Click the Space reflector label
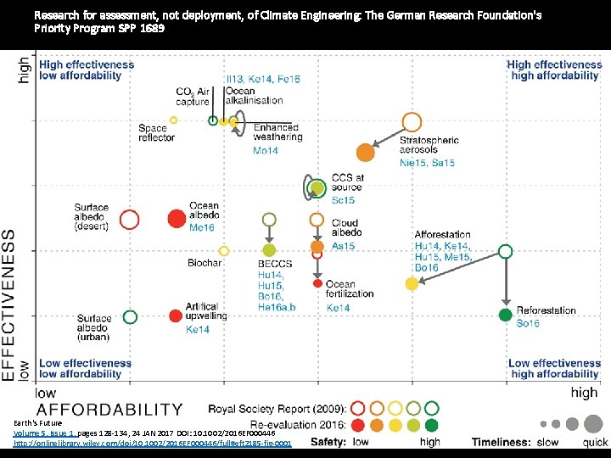coord(159,133)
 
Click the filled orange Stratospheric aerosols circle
coord(366,153)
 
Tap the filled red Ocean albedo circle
coord(176,220)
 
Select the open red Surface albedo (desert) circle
coord(130,220)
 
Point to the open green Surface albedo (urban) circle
coord(130,317)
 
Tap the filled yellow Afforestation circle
coord(412,283)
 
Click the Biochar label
coord(205,264)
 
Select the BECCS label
coord(274,265)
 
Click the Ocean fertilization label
coord(350,289)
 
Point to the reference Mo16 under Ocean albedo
coord(202,227)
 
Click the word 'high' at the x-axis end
coord(584,393)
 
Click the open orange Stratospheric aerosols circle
coord(412,122)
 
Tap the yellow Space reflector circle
coord(173,120)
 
